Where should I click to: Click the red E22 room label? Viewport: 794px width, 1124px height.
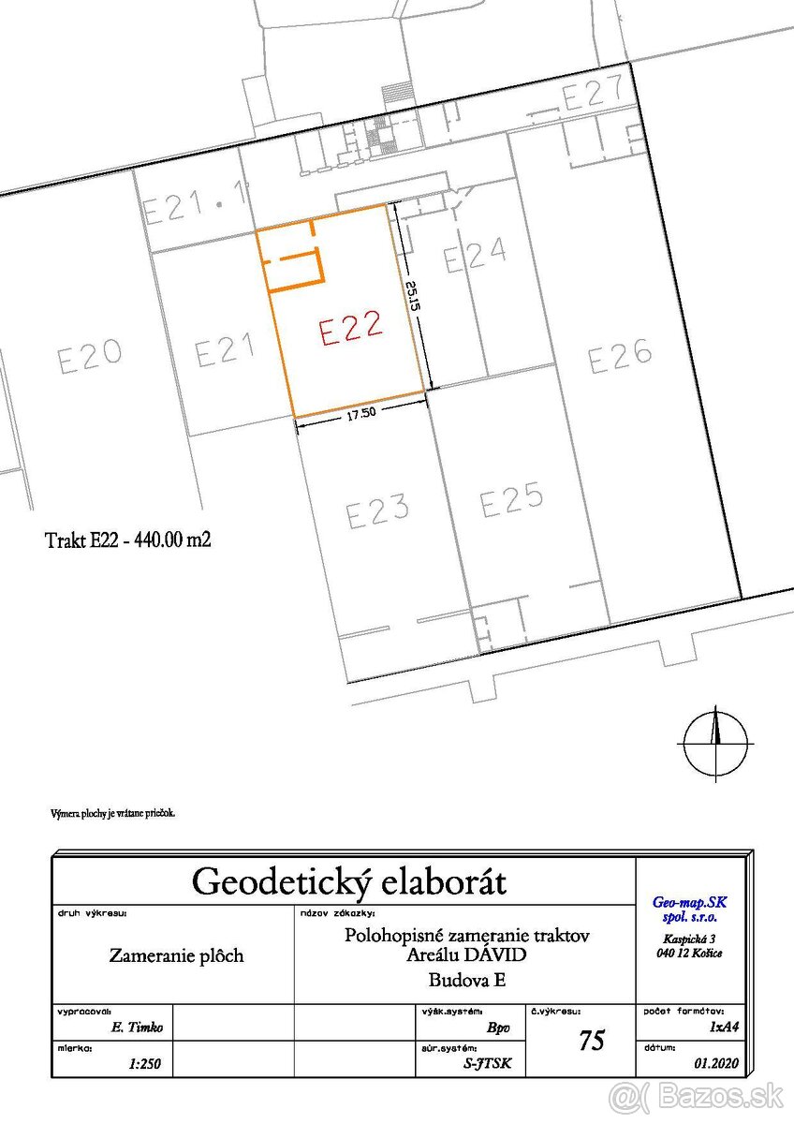tap(351, 329)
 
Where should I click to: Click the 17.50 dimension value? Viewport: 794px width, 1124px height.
tap(361, 416)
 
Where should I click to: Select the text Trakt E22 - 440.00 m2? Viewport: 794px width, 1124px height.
tap(127, 540)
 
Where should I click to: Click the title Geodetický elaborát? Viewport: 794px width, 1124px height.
tap(348, 881)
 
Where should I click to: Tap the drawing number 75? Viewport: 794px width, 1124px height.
tap(592, 1041)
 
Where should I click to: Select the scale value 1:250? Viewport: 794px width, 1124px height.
tap(143, 1064)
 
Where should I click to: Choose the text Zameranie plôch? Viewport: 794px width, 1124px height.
tap(176, 956)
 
